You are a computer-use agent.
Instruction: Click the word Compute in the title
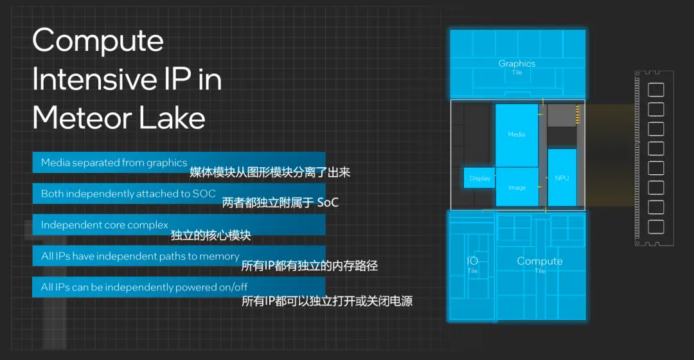(x=98, y=40)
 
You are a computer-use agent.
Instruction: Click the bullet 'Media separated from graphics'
(x=114, y=163)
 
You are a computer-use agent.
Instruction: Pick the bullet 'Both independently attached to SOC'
(x=128, y=194)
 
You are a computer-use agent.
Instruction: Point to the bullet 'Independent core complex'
(x=105, y=225)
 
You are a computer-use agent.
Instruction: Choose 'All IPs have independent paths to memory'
(x=140, y=256)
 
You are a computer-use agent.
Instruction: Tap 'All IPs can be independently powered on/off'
(x=144, y=287)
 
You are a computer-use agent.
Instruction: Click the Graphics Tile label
(x=517, y=67)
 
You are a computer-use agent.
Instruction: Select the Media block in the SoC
(x=517, y=136)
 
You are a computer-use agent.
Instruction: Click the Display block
(x=479, y=178)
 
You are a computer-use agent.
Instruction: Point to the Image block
(x=517, y=187)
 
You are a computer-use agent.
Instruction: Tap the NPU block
(x=562, y=177)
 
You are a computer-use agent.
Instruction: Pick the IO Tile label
(x=472, y=264)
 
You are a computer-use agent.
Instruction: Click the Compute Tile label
(x=540, y=264)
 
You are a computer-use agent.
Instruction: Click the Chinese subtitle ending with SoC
(x=280, y=203)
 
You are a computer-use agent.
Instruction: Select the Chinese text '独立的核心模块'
(x=211, y=235)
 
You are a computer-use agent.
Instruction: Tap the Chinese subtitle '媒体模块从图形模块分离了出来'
(x=270, y=172)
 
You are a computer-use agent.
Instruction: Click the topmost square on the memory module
(x=656, y=90)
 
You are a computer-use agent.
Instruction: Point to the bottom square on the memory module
(x=656, y=227)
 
